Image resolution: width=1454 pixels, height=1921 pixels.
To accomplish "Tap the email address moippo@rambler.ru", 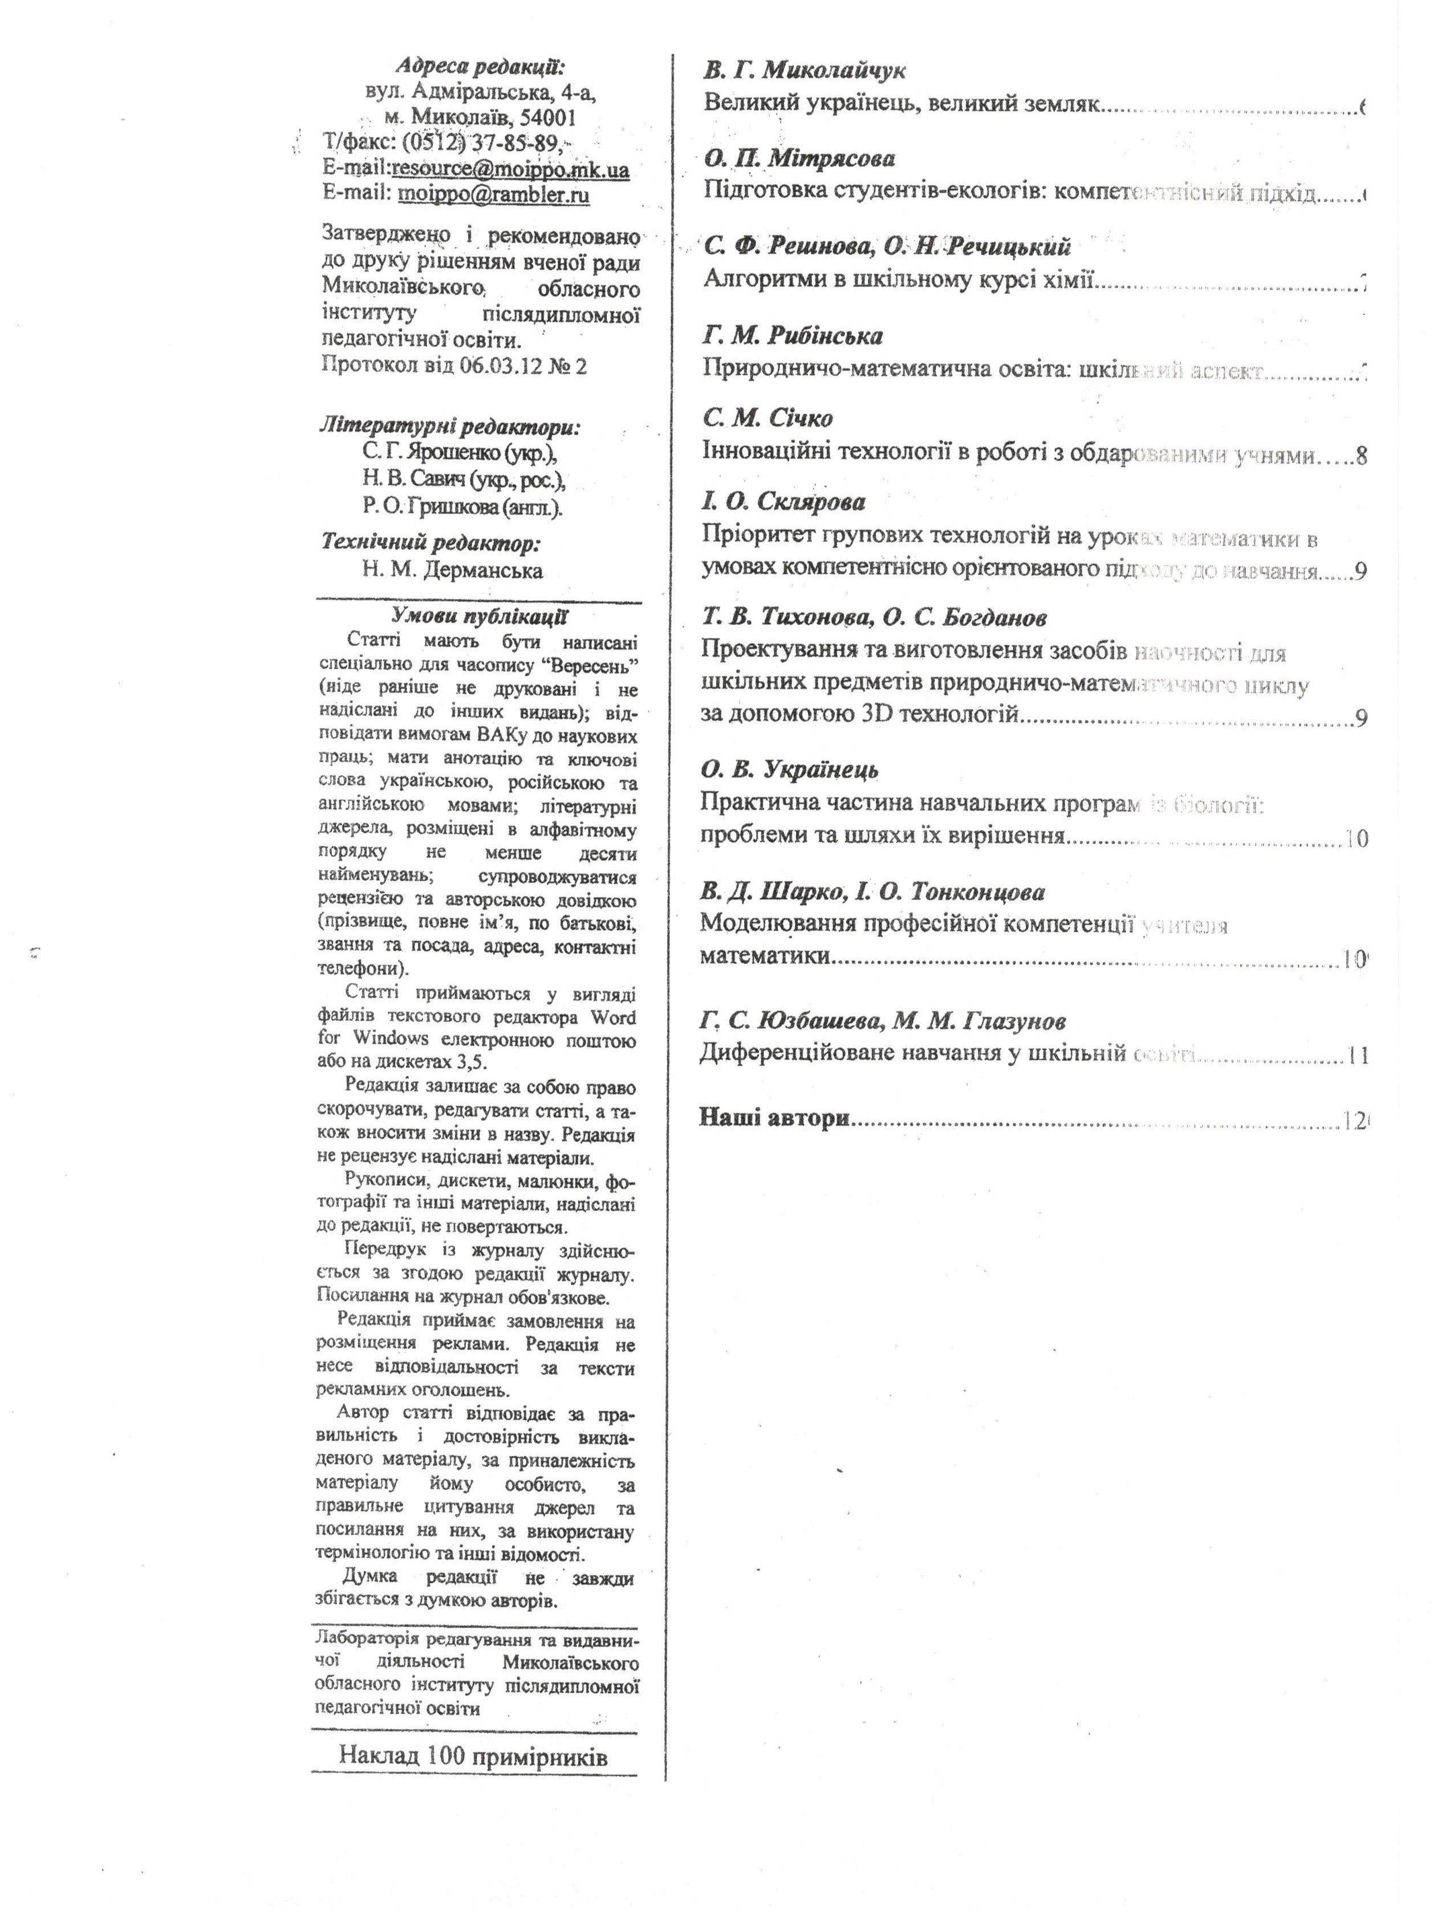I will coord(493,194).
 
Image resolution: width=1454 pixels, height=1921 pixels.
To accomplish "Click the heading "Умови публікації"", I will coord(478,617).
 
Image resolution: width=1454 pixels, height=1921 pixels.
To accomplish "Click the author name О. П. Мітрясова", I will coord(799,158).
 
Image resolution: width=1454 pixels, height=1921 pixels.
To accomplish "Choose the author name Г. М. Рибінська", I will coord(793,335).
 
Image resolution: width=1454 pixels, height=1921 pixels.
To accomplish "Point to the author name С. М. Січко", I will coord(767,419).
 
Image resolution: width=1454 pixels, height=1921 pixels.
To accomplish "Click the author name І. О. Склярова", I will coord(784,502).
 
